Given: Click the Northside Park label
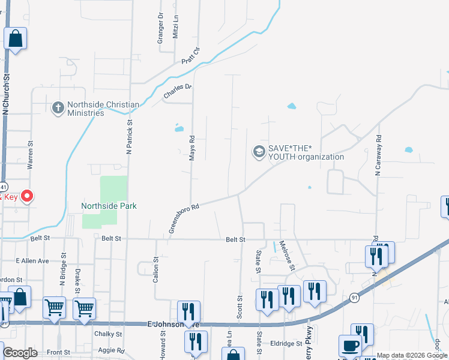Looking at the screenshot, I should pyautogui.click(x=109, y=206).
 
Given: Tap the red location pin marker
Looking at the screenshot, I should pyautogui.click(x=27, y=196).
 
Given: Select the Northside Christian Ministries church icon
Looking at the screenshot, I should pyautogui.click(x=58, y=108).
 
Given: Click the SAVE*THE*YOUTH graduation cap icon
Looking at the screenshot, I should pyautogui.click(x=259, y=152).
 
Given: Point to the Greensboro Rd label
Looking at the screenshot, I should pyautogui.click(x=184, y=217).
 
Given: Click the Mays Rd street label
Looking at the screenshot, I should pyautogui.click(x=193, y=147).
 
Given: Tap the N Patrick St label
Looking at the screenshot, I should pyautogui.click(x=129, y=137).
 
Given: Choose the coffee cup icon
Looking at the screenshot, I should pyautogui.click(x=351, y=346).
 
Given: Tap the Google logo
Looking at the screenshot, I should pyautogui.click(x=20, y=353).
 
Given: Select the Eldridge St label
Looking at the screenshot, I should pyautogui.click(x=286, y=344).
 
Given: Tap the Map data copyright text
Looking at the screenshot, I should pyautogui.click(x=412, y=355).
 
